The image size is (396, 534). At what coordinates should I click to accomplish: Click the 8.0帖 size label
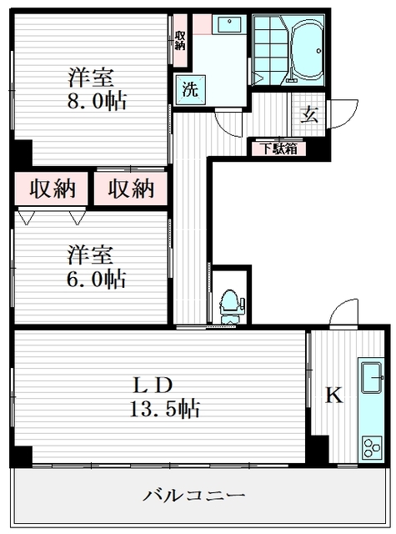point(98,103)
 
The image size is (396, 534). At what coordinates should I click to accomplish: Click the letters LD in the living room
point(155,385)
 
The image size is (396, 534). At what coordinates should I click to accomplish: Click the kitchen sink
point(369,380)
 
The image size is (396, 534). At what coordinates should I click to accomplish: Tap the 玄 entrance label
point(309,114)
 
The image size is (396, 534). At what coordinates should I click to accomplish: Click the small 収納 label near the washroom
point(181,39)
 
